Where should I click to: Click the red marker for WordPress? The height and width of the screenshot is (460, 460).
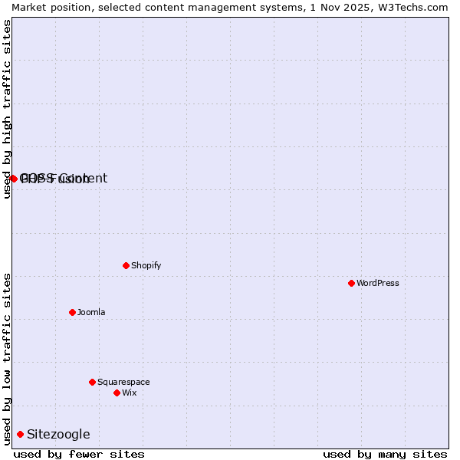pos(351,283)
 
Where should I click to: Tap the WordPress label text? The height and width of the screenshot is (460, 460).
pos(377,283)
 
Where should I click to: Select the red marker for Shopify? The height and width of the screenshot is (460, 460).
pos(126,265)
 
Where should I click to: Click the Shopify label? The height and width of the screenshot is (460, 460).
pos(146,265)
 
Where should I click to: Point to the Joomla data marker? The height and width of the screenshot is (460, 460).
pos(72,312)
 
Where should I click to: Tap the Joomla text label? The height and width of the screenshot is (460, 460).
pos(91,312)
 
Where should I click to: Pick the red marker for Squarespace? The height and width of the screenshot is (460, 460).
pos(92,382)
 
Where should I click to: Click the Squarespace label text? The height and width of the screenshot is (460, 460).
pos(123,382)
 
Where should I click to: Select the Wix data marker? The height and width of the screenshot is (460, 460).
pos(117,393)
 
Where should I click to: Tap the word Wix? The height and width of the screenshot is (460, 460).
pos(129,393)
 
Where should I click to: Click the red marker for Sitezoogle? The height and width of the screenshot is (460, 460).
pos(20,434)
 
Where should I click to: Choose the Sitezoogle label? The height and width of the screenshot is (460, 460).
pos(58,435)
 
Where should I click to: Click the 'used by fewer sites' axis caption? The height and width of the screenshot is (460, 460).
pos(79,454)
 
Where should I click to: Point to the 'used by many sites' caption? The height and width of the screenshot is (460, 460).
pos(385,454)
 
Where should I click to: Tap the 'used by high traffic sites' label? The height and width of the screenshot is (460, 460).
pos(8,109)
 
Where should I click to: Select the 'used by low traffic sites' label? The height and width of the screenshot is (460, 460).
pos(8,359)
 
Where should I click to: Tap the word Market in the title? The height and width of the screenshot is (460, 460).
pos(31,7)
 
